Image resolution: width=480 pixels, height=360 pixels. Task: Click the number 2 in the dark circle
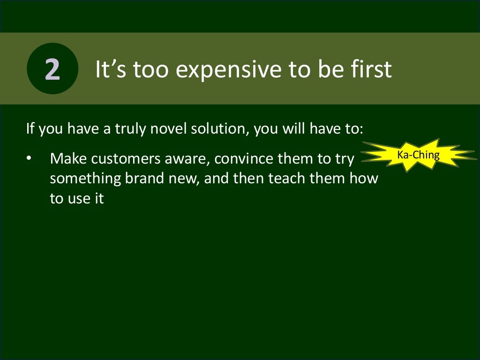point(52,69)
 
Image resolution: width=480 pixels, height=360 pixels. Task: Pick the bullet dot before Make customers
point(29,159)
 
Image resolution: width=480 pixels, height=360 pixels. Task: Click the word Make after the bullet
point(68,159)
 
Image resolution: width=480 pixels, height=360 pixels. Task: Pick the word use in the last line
point(75,199)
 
